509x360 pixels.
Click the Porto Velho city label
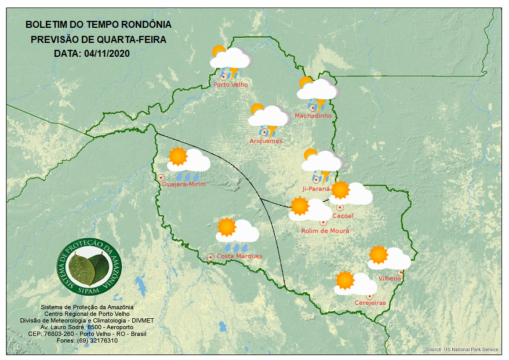[x=231, y=85]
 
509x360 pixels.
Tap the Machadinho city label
[x=313, y=116]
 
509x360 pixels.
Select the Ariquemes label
[x=266, y=141]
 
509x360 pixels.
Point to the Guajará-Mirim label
[x=184, y=184]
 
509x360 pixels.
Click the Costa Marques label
[x=239, y=256]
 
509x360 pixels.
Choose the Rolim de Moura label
[x=325, y=231]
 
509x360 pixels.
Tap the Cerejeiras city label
[x=370, y=303]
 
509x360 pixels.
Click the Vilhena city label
[x=390, y=279]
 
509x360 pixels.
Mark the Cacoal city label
[x=343, y=216]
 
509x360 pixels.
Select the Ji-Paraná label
[x=316, y=189]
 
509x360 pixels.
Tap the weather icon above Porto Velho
[x=231, y=61]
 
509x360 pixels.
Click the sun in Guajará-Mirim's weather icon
[x=177, y=157]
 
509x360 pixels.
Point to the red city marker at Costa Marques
[x=210, y=256]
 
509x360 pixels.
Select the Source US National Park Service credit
[x=462, y=350]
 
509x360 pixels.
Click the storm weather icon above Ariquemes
[x=268, y=119]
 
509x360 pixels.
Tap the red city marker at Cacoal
[x=340, y=208]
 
